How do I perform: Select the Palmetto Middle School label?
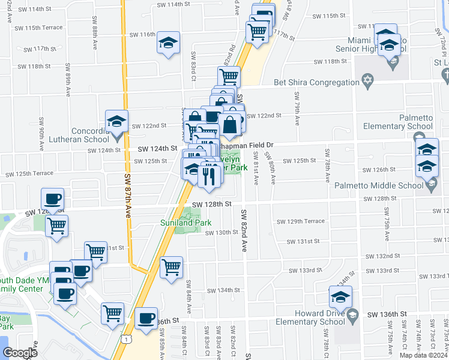coord(388,185)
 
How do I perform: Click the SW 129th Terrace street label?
coord(301,221)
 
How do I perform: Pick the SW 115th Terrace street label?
coord(40,28)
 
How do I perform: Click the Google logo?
coord(20,353)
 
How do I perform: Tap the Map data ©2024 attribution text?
coord(424,355)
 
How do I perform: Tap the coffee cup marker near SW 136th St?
coord(146,319)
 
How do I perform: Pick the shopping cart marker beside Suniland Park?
coord(172,268)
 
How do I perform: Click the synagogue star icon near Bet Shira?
coord(368,81)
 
